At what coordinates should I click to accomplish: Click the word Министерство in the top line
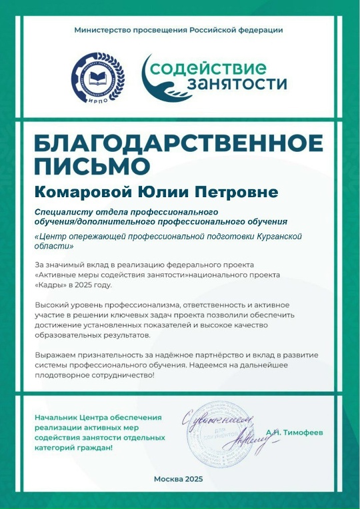(x=101, y=30)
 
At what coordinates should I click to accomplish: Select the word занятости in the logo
(x=237, y=85)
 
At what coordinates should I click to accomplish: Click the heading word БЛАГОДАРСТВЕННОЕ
(x=178, y=143)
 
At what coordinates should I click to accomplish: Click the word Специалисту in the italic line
(x=65, y=211)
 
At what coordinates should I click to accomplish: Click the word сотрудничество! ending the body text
(x=122, y=374)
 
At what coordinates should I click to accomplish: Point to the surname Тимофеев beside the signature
(x=299, y=432)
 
